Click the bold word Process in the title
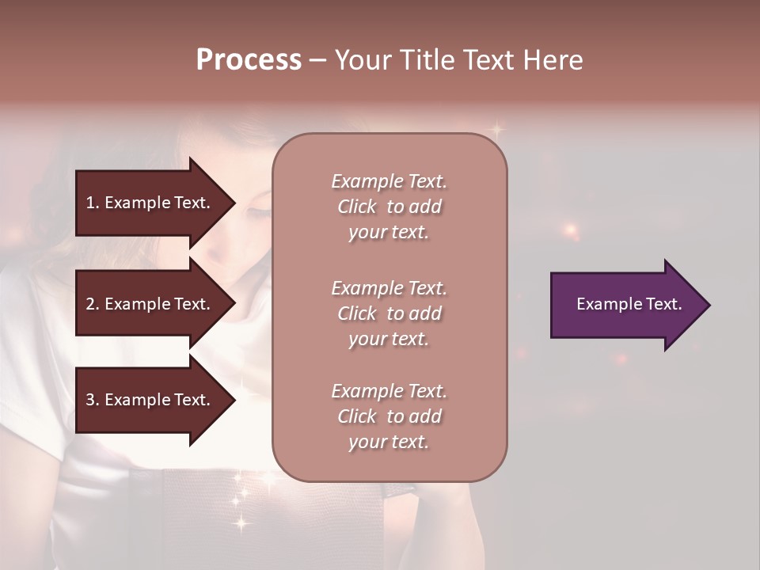click(249, 60)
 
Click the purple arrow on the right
click(625, 305)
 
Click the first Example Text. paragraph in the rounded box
click(389, 207)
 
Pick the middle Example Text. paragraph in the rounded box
click(389, 313)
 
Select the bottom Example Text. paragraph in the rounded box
click(389, 416)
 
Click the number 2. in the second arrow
click(92, 304)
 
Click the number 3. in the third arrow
click(92, 400)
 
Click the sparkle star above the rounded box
click(496, 128)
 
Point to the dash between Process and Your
click(318, 61)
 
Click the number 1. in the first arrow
click(92, 203)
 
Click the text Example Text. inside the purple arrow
click(629, 304)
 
